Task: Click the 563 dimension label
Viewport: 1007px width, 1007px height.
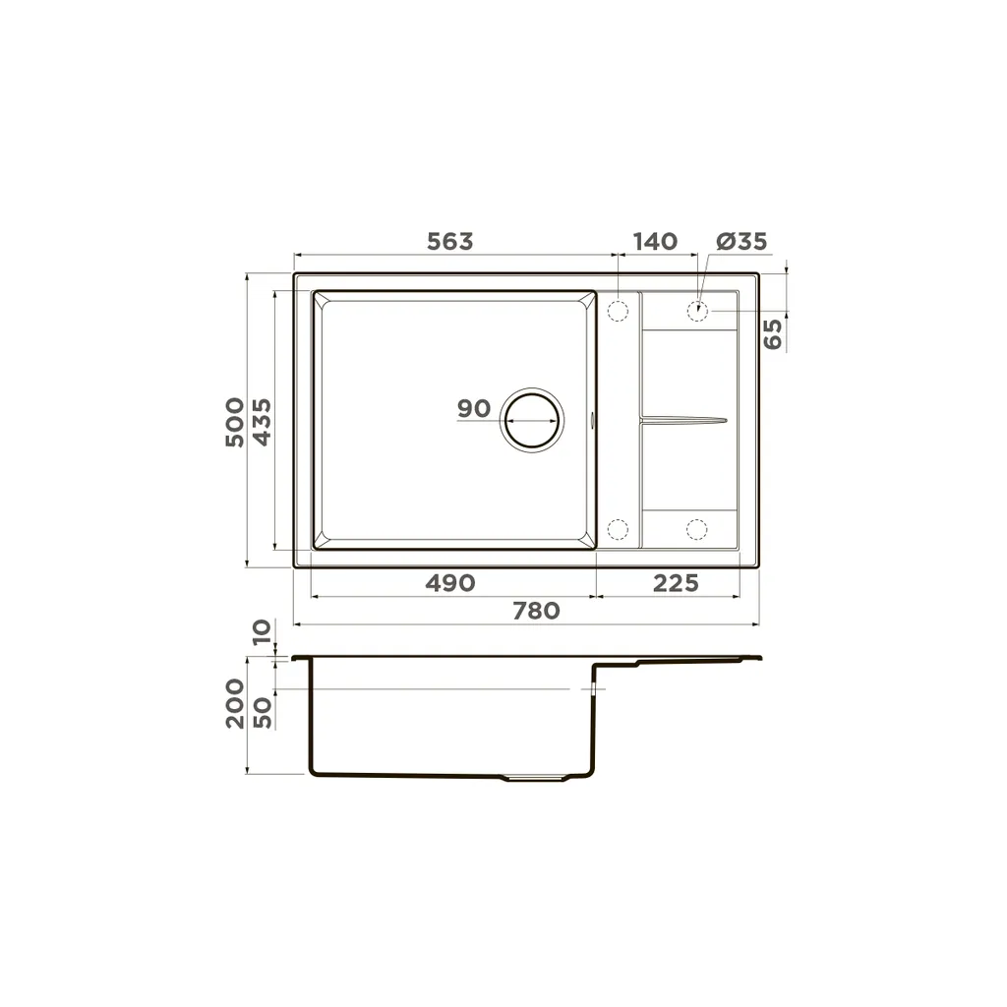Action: pyautogui.click(x=449, y=242)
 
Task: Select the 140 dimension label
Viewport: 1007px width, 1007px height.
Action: pyautogui.click(x=655, y=242)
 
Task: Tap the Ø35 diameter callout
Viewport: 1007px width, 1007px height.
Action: pyautogui.click(x=741, y=242)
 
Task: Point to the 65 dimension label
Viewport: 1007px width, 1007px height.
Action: pyautogui.click(x=773, y=334)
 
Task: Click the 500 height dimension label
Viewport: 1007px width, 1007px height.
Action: pyautogui.click(x=235, y=422)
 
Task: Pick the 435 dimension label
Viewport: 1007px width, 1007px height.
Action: pyautogui.click(x=262, y=422)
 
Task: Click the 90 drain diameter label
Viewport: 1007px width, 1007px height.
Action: pyautogui.click(x=474, y=408)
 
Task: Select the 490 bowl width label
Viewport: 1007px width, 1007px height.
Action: pyautogui.click(x=450, y=583)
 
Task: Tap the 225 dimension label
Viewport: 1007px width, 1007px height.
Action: pyautogui.click(x=676, y=583)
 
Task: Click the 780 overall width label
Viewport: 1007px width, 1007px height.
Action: pyautogui.click(x=536, y=610)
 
